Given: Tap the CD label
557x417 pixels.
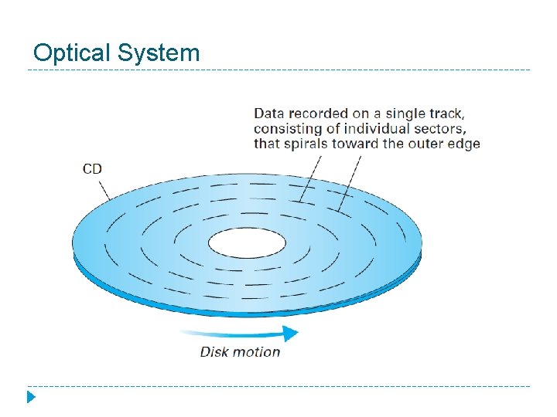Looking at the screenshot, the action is (x=92, y=169).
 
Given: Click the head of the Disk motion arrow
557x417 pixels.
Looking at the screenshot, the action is (x=291, y=334).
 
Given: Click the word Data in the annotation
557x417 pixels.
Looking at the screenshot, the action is (x=268, y=114).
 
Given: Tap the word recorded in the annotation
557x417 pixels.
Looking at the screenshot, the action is (x=316, y=114).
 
